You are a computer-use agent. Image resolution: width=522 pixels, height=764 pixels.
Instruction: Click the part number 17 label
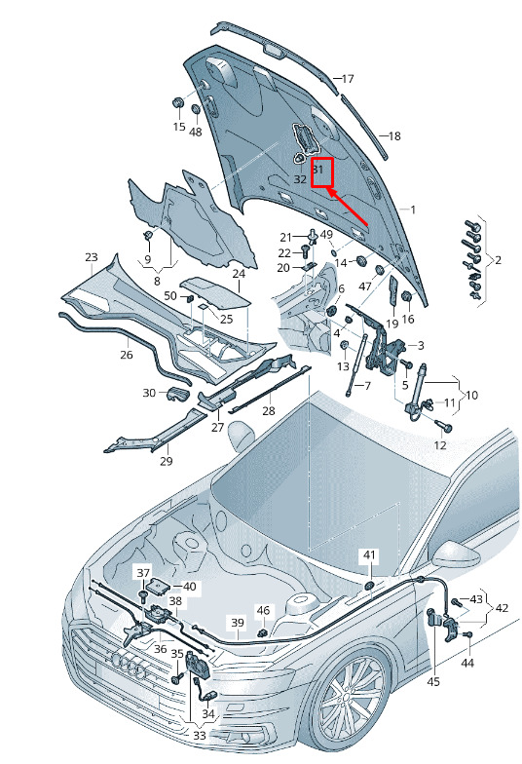[348, 78]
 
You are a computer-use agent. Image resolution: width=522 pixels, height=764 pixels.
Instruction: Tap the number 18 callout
[394, 136]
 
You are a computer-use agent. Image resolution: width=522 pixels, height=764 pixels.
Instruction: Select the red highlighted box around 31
[321, 172]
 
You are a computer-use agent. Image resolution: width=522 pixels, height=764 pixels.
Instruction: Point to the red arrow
[348, 207]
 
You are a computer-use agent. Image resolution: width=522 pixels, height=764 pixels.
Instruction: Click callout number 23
[92, 257]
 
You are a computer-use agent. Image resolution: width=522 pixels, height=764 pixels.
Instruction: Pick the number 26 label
[127, 355]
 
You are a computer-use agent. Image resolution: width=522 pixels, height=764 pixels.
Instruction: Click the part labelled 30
[177, 394]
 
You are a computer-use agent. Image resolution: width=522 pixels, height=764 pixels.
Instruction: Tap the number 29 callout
[166, 461]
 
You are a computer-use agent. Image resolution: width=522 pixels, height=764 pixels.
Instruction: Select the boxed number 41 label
[370, 555]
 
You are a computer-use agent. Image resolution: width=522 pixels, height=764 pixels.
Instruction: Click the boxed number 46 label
[263, 610]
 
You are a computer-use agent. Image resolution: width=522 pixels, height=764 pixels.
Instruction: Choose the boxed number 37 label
[144, 573]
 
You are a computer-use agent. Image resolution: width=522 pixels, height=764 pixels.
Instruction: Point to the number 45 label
[432, 681]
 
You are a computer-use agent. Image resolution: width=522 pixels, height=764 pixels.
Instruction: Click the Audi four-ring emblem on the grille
[129, 665]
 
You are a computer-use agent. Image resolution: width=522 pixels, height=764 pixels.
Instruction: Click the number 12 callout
[440, 444]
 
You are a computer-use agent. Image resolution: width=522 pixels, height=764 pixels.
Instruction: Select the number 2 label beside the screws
[499, 260]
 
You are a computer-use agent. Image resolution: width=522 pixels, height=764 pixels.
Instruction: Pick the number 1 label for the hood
[413, 210]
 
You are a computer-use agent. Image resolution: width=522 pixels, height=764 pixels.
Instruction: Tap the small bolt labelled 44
[467, 635]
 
